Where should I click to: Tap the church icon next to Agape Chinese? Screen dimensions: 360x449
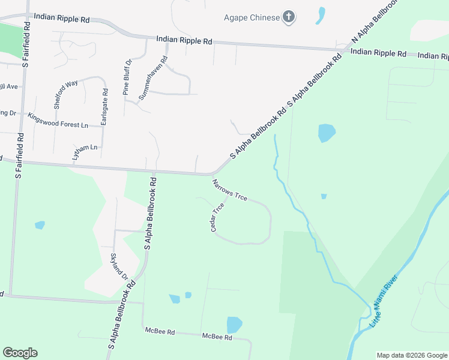[x=289, y=17]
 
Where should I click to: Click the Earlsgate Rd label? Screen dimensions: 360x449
[x=105, y=107]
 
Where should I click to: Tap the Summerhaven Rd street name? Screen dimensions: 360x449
[x=153, y=78]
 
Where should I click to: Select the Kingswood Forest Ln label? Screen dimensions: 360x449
[x=58, y=119]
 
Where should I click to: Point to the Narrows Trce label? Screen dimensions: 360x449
[x=229, y=190]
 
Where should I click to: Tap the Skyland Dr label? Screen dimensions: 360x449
[x=119, y=266]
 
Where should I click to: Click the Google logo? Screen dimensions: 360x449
[x=20, y=353]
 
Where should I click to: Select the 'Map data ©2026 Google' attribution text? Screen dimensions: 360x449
[x=411, y=355]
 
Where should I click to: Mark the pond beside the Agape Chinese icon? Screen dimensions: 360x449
[x=321, y=15]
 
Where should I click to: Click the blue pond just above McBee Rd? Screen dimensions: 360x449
[x=234, y=325]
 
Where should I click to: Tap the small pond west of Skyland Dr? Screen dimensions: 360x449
[x=40, y=226]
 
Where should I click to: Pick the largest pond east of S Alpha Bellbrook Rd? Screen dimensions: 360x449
[x=327, y=132]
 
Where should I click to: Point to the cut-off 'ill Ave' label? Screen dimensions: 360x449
[x=9, y=86]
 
